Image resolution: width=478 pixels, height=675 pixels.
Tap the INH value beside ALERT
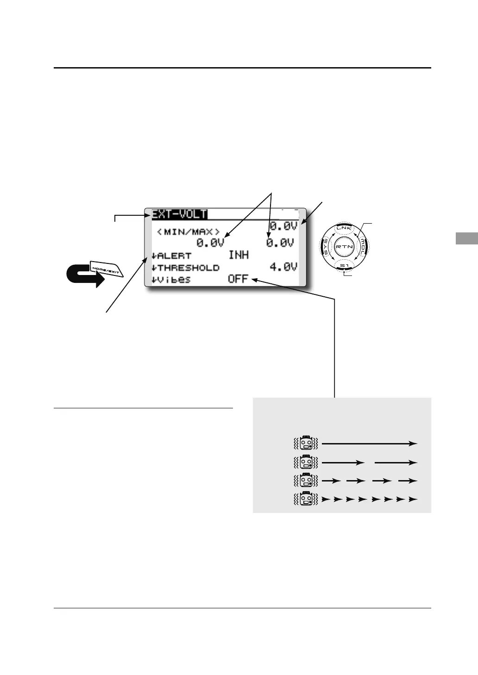(x=239, y=255)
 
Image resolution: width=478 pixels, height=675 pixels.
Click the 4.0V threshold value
(x=283, y=267)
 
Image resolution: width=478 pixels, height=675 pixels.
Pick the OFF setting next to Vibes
(x=238, y=279)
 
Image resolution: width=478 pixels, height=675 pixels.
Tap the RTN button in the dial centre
(x=344, y=247)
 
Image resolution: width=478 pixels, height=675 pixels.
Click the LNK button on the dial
(x=344, y=228)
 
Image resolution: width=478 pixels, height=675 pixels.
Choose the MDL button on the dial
(x=363, y=247)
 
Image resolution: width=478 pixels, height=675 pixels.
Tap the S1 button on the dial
(x=344, y=266)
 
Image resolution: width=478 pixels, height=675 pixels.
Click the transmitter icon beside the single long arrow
(x=306, y=444)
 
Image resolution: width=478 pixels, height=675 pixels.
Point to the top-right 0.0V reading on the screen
(x=283, y=226)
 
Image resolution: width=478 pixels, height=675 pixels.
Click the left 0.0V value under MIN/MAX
(x=210, y=243)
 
